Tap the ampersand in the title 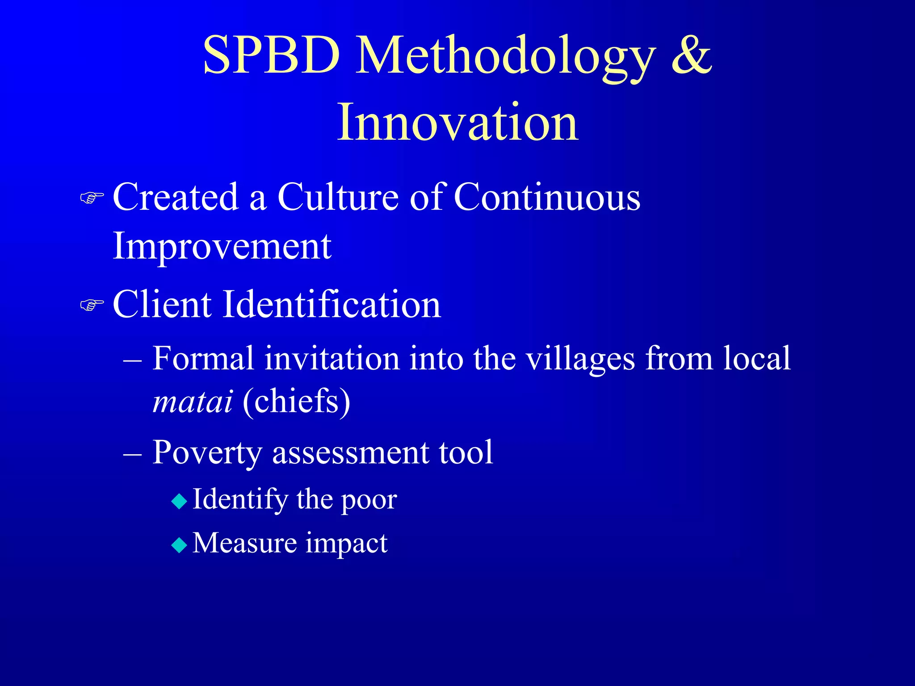(691, 55)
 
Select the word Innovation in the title (457, 122)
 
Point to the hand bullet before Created (92, 197)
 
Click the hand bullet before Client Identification (92, 305)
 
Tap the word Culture (338, 197)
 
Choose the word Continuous (547, 197)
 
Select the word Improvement (222, 247)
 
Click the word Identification (332, 305)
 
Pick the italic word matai (193, 401)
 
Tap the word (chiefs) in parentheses (297, 402)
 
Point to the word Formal (203, 358)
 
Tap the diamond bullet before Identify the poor (179, 502)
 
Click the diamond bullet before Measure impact (179, 545)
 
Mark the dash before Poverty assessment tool (133, 454)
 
